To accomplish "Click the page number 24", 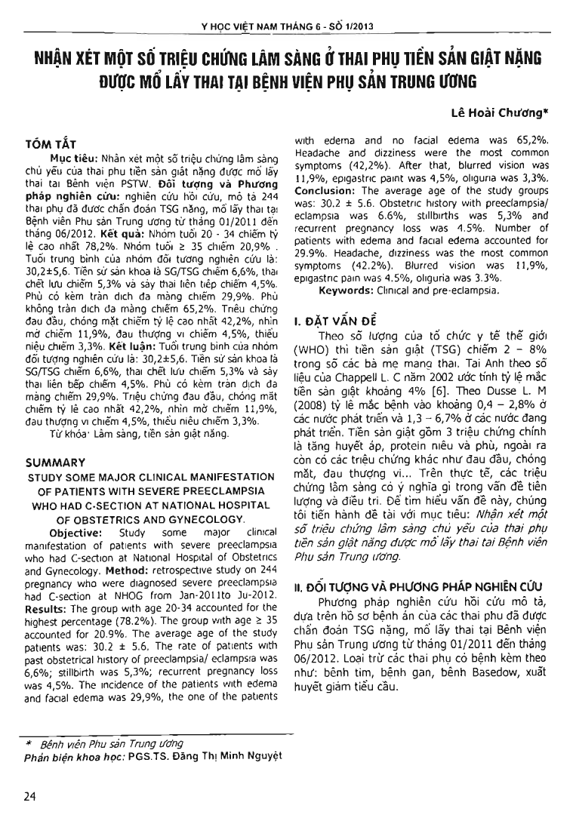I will pos(31,797).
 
